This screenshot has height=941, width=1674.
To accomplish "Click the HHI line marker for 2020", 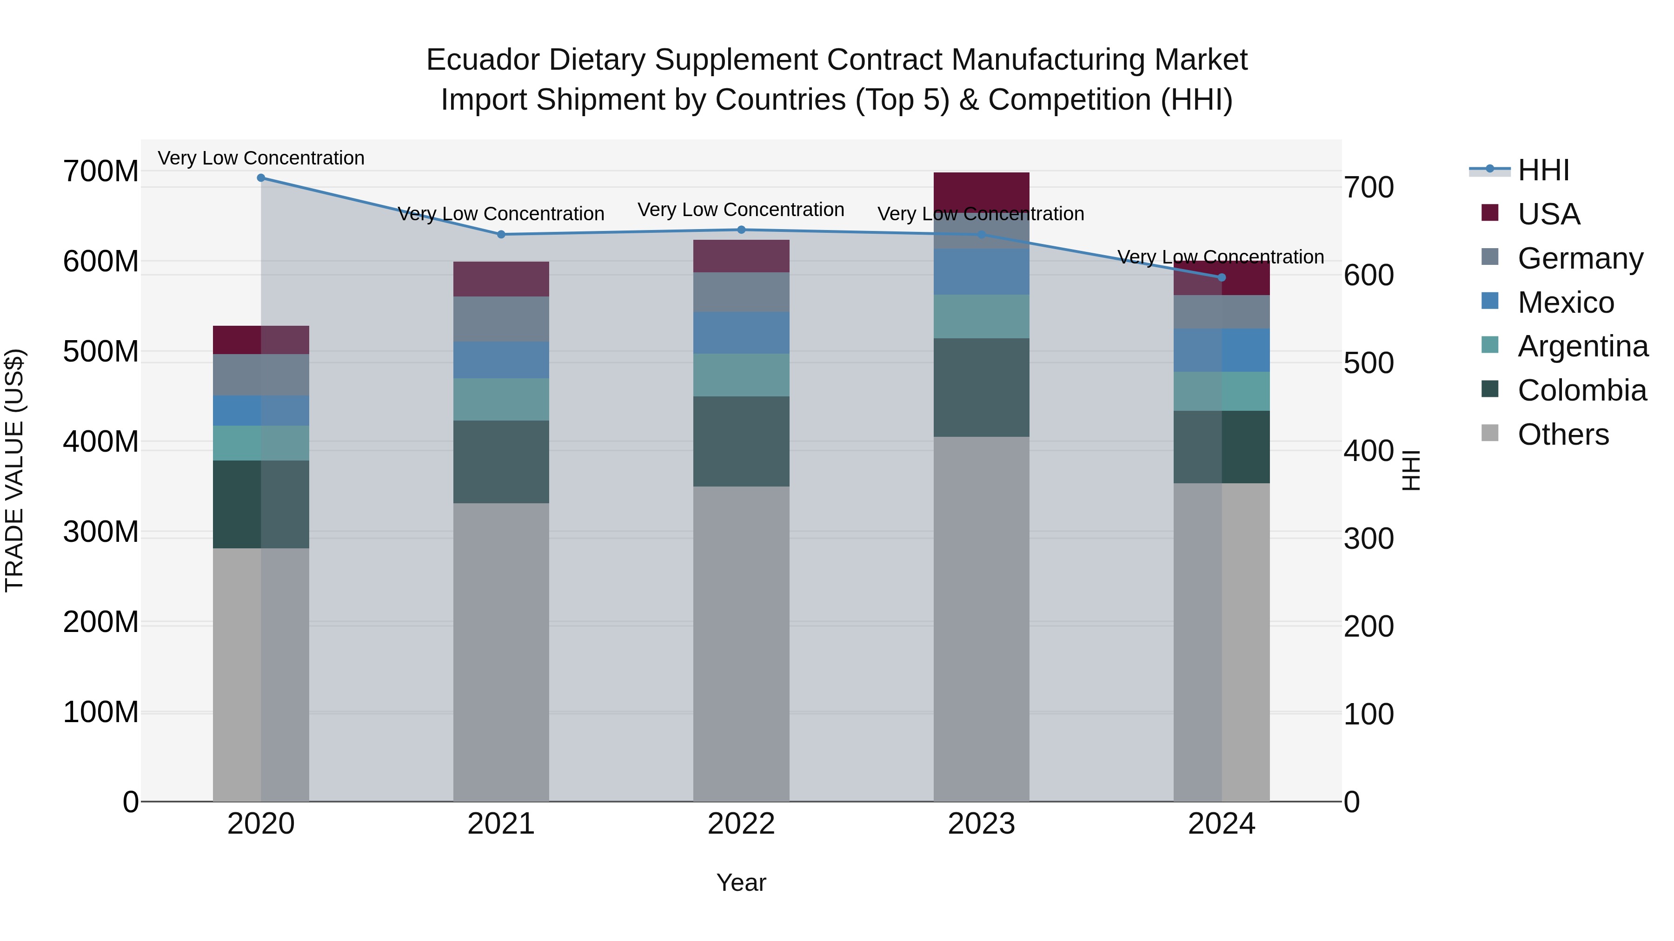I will [260, 178].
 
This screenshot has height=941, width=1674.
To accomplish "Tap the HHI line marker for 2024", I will [1221, 277].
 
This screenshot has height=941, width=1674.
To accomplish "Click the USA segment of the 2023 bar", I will [981, 191].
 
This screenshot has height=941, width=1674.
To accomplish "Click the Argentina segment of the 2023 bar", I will [981, 316].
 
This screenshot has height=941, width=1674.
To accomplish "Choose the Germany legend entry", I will [1579, 258].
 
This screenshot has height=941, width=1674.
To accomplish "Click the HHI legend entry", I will [1543, 170].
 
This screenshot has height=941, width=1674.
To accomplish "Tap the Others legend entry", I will [1562, 434].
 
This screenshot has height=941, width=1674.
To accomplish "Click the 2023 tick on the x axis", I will [981, 824].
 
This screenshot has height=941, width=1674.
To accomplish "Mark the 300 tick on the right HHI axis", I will [1368, 539].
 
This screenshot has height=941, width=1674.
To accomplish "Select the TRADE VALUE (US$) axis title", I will [14, 470].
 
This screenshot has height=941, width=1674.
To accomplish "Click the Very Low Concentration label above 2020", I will [260, 158].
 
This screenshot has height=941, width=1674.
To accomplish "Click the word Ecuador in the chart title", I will [482, 60].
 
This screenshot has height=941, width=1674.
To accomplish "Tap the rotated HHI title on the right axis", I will [1411, 470].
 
